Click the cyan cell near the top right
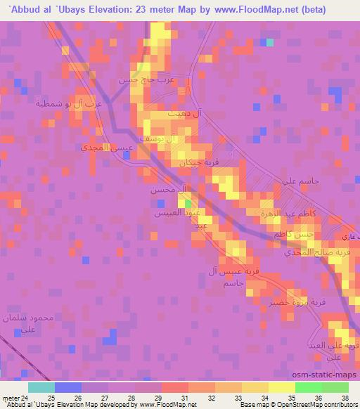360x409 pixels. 269,42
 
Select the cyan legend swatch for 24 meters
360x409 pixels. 41,387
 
